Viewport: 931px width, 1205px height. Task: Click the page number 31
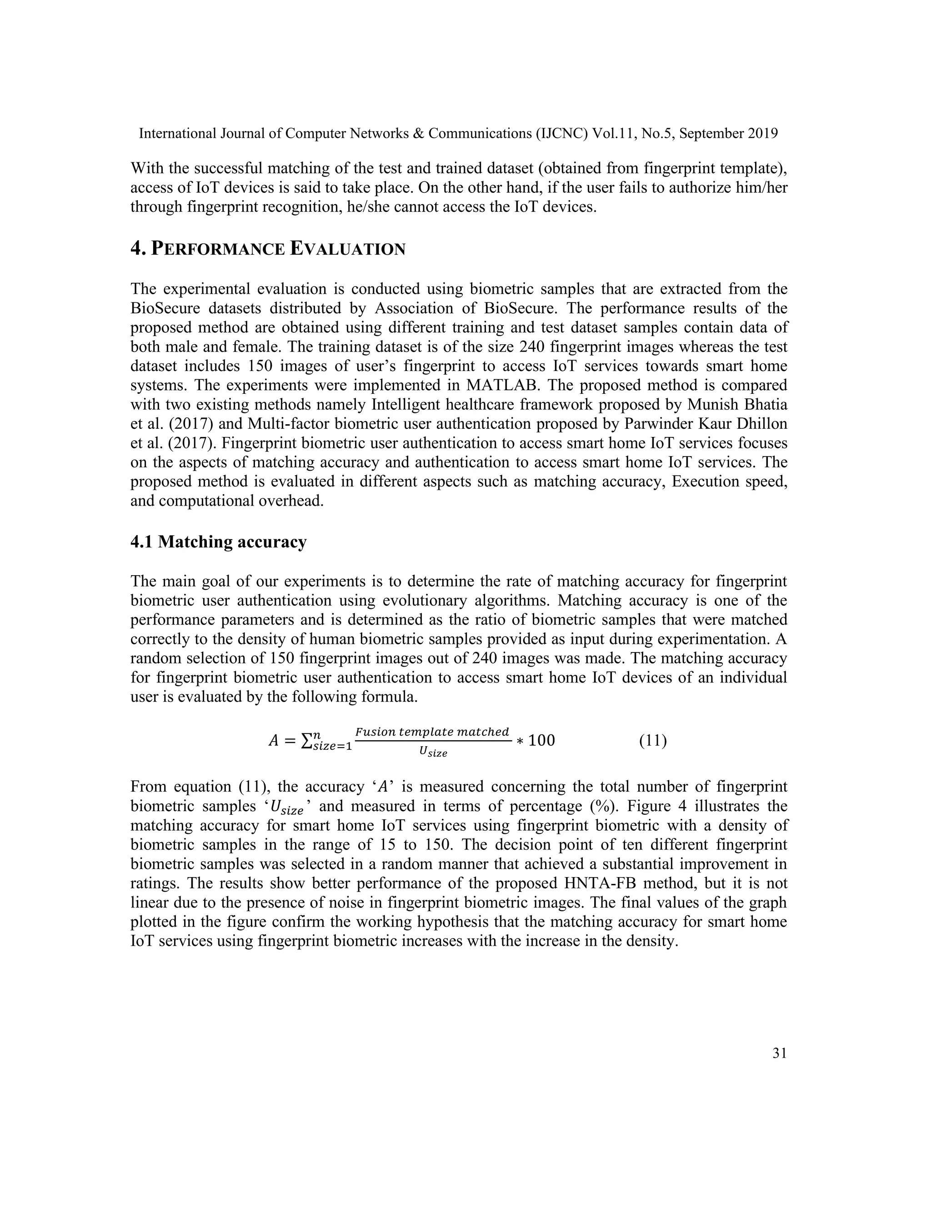pyautogui.click(x=779, y=1053)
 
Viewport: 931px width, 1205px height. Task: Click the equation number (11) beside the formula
pyautogui.click(x=652, y=740)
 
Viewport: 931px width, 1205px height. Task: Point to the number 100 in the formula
pyautogui.click(x=541, y=740)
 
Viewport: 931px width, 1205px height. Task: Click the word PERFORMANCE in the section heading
pyautogui.click(x=218, y=249)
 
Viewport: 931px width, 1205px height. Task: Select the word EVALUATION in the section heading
pyautogui.click(x=347, y=249)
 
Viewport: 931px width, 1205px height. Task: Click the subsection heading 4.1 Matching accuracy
pyautogui.click(x=218, y=542)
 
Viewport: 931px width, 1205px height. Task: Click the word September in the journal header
pyautogui.click(x=710, y=134)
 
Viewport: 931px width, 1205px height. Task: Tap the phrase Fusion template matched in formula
pyautogui.click(x=432, y=732)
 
